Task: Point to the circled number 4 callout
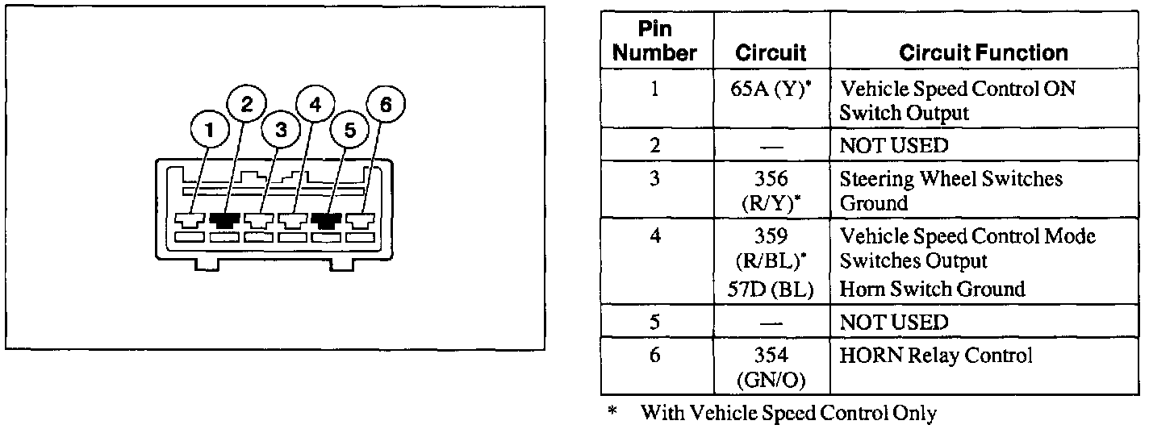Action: [x=315, y=103]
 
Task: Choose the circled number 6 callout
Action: [x=384, y=103]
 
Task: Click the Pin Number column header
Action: [x=654, y=42]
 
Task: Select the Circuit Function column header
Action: [x=983, y=53]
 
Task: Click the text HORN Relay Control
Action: [x=936, y=355]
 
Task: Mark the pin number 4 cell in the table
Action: [x=654, y=237]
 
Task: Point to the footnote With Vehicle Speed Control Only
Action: [x=788, y=414]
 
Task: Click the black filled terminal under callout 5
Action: [x=327, y=220]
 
